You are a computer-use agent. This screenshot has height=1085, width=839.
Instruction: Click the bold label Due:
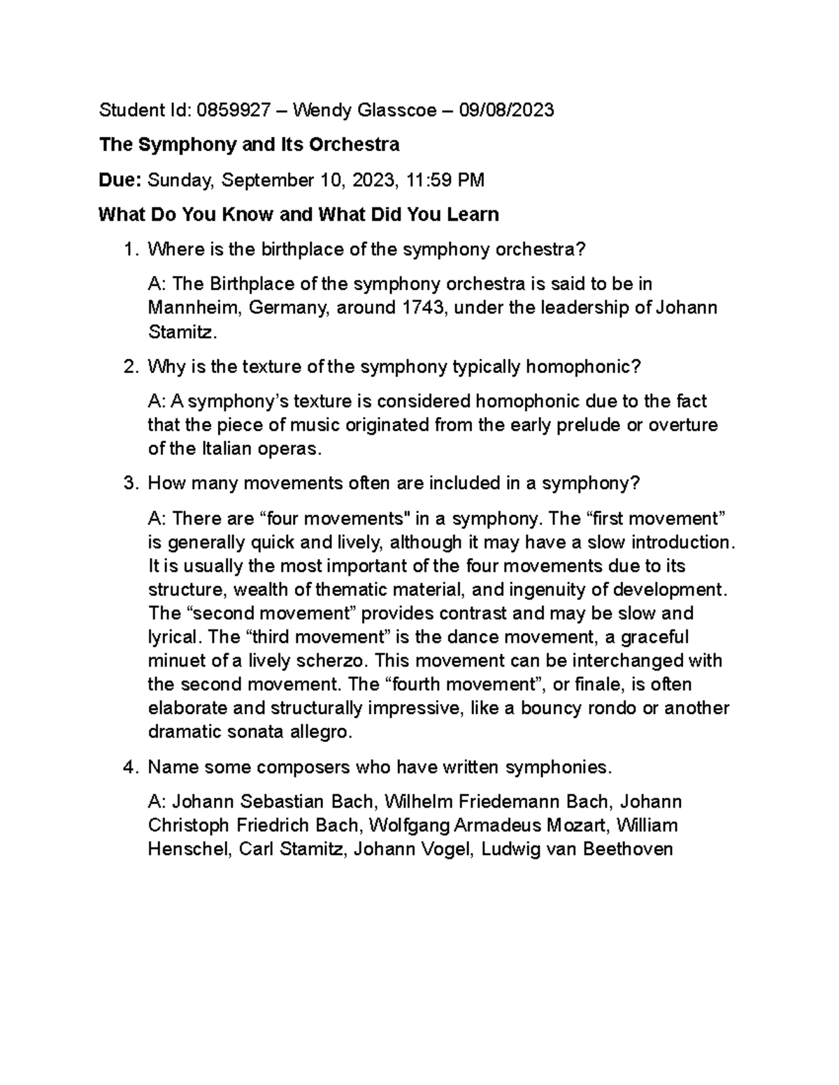tap(120, 181)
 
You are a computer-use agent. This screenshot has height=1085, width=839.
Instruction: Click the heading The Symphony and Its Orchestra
tap(249, 145)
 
